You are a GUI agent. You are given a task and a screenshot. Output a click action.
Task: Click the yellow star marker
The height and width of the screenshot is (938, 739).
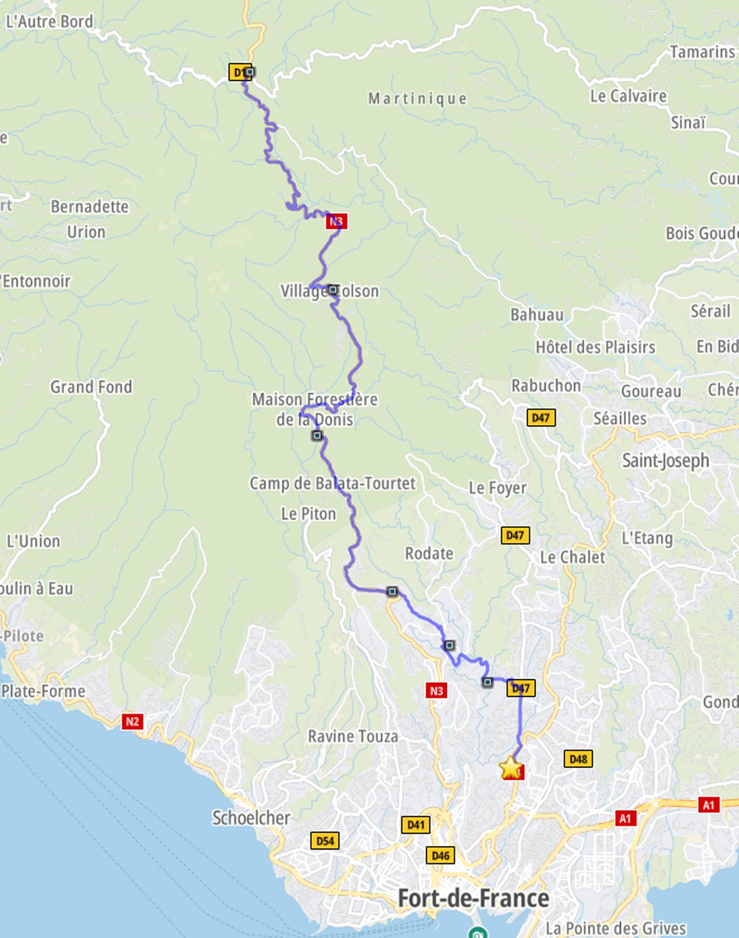click(510, 768)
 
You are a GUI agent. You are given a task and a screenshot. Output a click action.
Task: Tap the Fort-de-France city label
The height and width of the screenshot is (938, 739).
click(473, 898)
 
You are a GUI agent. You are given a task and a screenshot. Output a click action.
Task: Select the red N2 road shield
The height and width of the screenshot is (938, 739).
click(132, 721)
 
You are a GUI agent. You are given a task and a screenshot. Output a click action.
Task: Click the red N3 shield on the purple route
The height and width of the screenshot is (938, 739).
click(336, 221)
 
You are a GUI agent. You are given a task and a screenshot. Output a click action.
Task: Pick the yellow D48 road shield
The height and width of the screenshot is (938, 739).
click(578, 758)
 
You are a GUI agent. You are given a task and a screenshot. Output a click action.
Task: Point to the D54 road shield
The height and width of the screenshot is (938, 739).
click(324, 840)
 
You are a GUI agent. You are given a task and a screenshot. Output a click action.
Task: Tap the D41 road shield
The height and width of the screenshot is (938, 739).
click(416, 824)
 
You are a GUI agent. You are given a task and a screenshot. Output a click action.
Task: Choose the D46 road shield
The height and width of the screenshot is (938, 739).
click(441, 855)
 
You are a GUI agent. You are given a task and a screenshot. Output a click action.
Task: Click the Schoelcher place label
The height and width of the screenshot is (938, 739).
click(251, 817)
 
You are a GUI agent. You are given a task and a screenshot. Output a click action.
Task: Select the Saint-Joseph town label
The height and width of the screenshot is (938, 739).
click(665, 460)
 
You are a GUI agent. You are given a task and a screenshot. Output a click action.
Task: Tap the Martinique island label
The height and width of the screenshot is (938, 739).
click(417, 99)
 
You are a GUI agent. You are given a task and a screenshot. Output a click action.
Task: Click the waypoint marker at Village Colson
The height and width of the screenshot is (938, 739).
click(333, 289)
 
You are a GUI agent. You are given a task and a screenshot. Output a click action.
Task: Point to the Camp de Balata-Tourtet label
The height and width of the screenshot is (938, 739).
click(332, 483)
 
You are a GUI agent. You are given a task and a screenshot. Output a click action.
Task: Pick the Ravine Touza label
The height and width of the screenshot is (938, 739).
click(353, 736)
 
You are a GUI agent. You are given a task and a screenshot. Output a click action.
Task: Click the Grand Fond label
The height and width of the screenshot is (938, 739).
click(91, 386)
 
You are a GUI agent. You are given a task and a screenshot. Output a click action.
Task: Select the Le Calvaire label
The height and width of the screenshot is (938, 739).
click(628, 96)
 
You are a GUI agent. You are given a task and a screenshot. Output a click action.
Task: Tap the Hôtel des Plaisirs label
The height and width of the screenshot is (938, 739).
click(595, 347)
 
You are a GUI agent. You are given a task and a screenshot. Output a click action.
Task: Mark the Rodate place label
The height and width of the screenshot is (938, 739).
click(429, 553)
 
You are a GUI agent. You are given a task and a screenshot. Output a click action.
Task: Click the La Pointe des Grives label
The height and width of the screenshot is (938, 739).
click(615, 928)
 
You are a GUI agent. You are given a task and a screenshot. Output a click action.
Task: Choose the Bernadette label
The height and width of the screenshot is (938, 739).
click(89, 206)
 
